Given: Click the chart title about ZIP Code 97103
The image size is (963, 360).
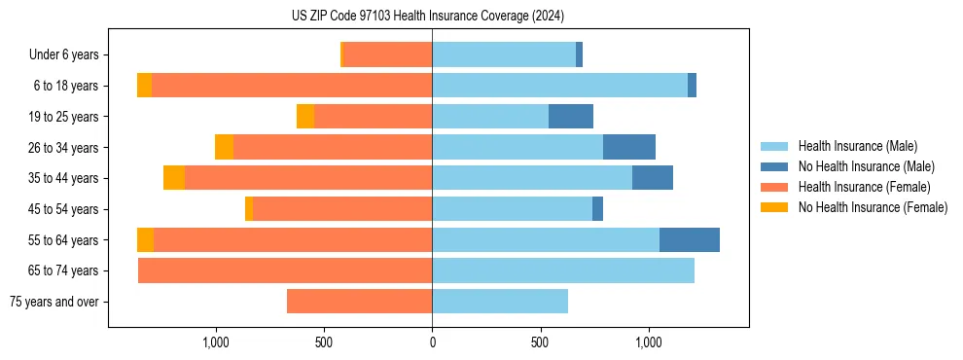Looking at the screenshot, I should pos(428,16).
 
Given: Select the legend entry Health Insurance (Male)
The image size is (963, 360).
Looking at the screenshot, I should pos(857,146).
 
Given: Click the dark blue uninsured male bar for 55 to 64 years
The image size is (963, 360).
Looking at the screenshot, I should pos(690,240).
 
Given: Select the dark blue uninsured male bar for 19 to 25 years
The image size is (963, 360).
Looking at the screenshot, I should pos(571,117).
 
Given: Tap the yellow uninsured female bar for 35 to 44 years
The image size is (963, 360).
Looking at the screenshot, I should pos(174,178).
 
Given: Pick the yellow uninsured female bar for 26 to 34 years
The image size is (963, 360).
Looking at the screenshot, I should pos(224,147).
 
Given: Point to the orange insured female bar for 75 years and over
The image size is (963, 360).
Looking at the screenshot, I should pos(359,302).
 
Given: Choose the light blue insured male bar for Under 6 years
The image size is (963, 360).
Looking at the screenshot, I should pos(504,55).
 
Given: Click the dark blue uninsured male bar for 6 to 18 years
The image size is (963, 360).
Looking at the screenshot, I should pos(692,86).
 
